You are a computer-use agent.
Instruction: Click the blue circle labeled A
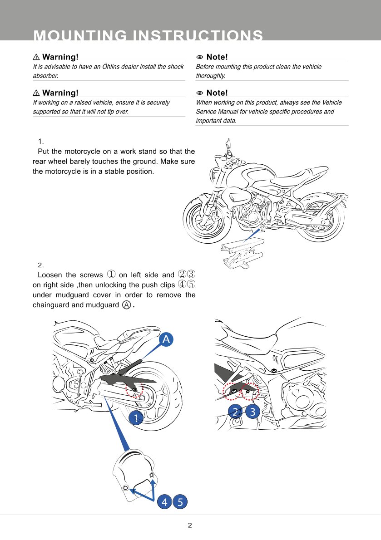[166, 339]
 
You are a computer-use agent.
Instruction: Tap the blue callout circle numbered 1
[135, 417]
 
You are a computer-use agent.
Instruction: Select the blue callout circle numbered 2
[235, 412]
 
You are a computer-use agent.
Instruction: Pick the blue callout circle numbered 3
[253, 412]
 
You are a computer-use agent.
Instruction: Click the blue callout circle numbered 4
[164, 502]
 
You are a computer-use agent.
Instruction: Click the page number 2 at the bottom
[190, 525]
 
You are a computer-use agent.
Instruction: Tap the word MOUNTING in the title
[79, 35]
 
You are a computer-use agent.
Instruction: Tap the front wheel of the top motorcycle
[204, 221]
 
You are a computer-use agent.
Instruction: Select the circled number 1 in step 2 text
[111, 275]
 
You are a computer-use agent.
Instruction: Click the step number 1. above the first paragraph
[41, 142]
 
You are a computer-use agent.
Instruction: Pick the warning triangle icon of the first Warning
[36, 57]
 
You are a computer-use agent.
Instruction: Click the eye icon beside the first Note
[199, 57]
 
